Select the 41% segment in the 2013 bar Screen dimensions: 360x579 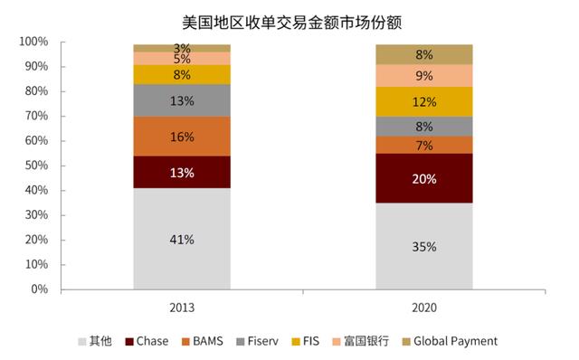coord(182,239)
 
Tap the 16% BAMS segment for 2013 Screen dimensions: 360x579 coord(182,137)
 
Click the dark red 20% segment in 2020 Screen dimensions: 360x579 coord(424,178)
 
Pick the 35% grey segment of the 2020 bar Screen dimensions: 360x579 coord(424,246)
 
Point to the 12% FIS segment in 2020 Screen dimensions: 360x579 coord(424,101)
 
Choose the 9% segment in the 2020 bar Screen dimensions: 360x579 coord(424,75)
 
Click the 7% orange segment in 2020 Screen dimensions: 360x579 coord(424,145)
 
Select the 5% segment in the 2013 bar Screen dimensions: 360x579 coord(182,58)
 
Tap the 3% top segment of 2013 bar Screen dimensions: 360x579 coord(182,47)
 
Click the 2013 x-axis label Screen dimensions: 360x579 coord(182,308)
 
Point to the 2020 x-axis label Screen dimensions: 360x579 coord(424,308)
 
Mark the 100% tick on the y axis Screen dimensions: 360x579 coord(33,43)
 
